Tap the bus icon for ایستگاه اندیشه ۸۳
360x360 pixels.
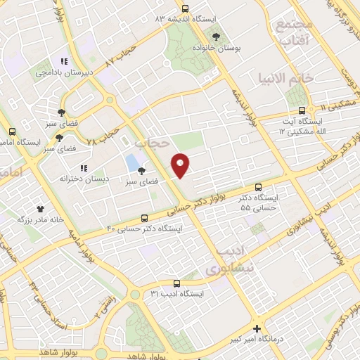pyautogui.click(x=185, y=9)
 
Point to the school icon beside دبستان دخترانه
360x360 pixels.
pyautogui.click(x=83, y=168)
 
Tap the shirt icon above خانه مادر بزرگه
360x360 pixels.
pyautogui.click(x=40, y=209)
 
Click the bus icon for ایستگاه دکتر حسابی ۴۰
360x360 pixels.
pyautogui.click(x=144, y=218)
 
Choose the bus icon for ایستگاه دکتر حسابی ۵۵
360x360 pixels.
pyautogui.click(x=259, y=188)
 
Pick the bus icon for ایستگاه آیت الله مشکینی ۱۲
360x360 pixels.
pyautogui.click(x=302, y=110)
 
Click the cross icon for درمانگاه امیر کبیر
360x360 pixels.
pyautogui.click(x=257, y=328)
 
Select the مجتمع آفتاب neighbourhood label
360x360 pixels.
pyautogui.click(x=294, y=33)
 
